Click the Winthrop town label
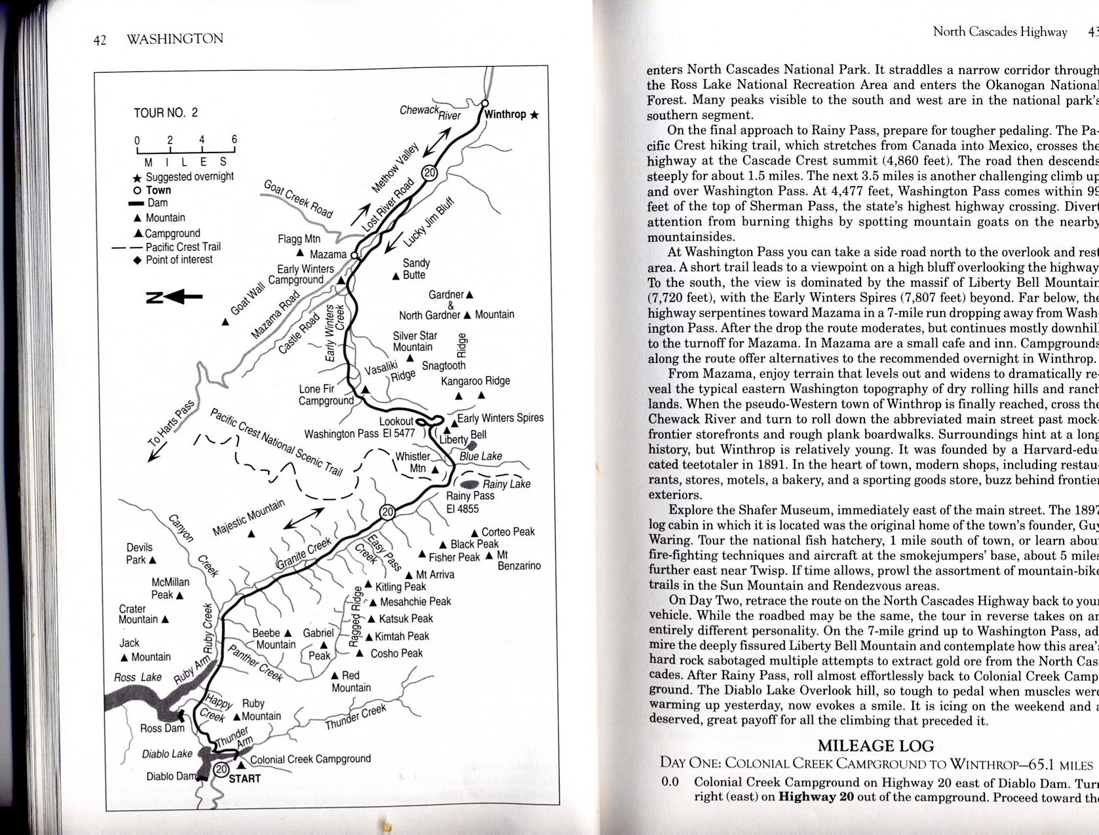tap(505, 115)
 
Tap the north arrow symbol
tap(174, 297)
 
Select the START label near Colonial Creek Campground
tap(244, 779)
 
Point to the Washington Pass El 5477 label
tap(360, 434)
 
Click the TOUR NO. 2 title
tap(166, 113)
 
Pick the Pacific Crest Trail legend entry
tap(183, 247)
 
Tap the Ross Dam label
tap(163, 728)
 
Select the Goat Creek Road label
tap(298, 198)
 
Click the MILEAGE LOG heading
tap(876, 746)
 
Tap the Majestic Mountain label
tap(249, 517)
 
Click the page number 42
tap(100, 40)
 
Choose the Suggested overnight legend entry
tap(189, 177)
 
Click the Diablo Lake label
tap(167, 754)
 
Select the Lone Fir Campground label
tap(326, 395)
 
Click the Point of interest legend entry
tap(179, 260)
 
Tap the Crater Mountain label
tap(138, 614)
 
